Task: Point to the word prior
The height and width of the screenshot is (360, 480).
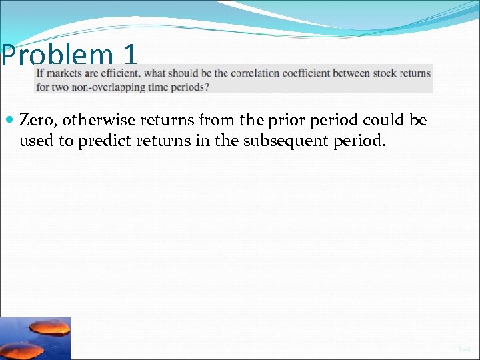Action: pyautogui.click(x=271, y=121)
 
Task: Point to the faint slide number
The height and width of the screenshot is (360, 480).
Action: pyautogui.click(x=464, y=349)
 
